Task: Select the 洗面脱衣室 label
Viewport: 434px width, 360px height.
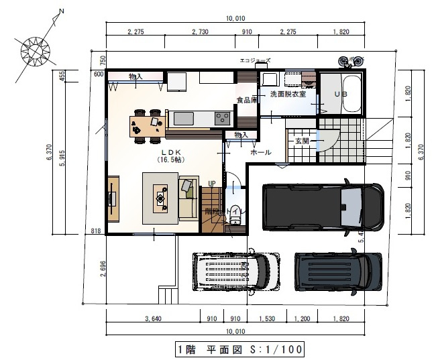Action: pos(288,95)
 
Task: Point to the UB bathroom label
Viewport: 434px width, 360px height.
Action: pos(340,95)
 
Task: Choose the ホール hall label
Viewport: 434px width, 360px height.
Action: pos(260,152)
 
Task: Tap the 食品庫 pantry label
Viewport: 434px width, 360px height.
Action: pos(247,101)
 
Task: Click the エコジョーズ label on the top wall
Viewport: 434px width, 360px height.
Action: pos(256,61)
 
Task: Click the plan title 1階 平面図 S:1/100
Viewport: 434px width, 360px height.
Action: pos(240,349)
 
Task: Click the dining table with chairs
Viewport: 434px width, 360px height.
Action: pos(148,125)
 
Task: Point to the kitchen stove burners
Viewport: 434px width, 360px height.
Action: pos(222,119)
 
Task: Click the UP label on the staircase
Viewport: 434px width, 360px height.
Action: pos(211,183)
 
